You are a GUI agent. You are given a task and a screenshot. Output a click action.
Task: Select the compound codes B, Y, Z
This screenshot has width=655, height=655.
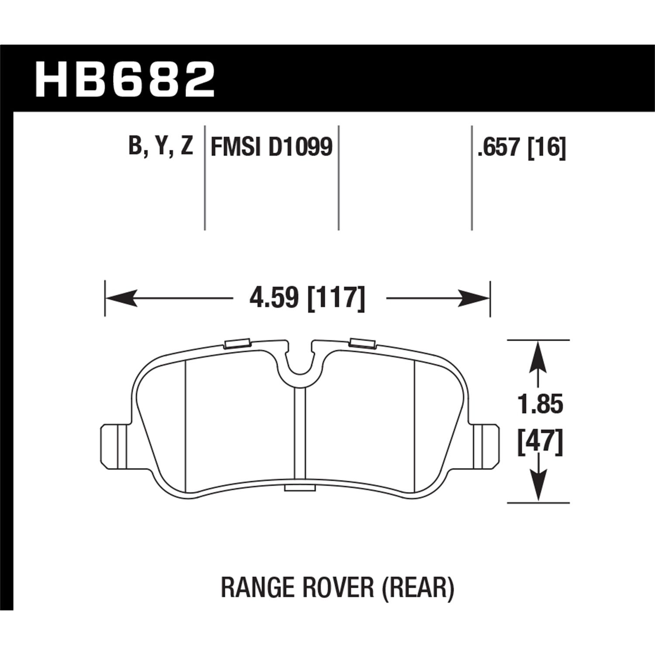coord(161,146)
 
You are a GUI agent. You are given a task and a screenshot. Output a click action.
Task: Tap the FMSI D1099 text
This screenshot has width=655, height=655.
coord(272,147)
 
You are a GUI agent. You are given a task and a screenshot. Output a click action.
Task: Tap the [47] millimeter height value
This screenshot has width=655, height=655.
coord(540,442)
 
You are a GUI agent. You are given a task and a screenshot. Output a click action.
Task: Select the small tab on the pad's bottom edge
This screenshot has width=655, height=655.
coord(299,487)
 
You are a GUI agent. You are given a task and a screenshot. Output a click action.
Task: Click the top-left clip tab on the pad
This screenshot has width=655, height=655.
coord(236,344)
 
